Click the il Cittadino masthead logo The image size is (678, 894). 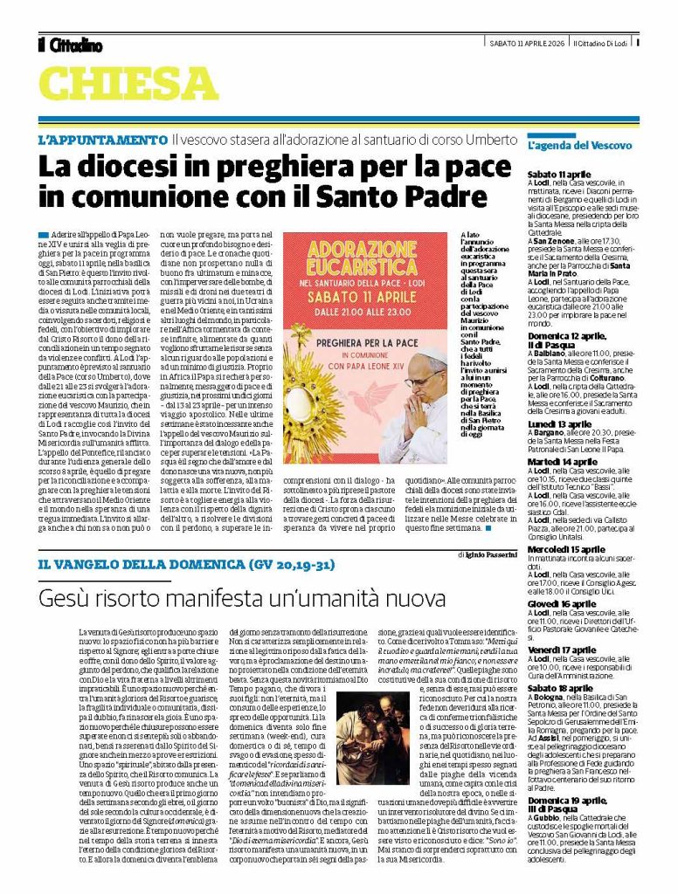click(x=70, y=45)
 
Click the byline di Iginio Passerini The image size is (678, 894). click(x=486, y=554)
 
